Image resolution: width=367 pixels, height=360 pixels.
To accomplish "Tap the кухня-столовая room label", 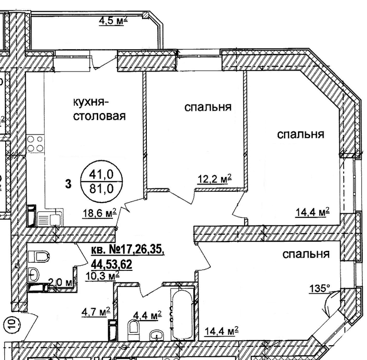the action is [100, 109].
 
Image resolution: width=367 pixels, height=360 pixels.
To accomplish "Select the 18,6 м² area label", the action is [99, 213].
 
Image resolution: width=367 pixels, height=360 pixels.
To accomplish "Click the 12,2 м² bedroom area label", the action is [214, 179].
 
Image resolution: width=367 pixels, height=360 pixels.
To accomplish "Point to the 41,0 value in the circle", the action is [102, 175].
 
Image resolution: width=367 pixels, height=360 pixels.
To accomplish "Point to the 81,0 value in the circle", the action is [102, 188].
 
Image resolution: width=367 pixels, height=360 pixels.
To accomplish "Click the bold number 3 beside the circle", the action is [68, 184].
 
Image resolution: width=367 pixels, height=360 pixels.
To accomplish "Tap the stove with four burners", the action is [35, 144].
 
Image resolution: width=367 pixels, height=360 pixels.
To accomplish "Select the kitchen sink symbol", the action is [50, 218].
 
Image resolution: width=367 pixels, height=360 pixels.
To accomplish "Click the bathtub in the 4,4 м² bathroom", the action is [183, 314].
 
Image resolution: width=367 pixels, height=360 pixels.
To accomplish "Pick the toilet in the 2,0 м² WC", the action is [39, 257].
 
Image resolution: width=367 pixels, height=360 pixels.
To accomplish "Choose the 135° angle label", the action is [320, 288].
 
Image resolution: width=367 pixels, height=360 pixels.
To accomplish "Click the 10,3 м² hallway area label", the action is [102, 276].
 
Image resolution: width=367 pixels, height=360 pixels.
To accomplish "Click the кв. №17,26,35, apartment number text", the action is [127, 250].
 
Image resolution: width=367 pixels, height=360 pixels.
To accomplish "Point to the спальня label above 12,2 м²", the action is [208, 107].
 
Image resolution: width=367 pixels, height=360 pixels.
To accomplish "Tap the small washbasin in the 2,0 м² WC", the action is [34, 274].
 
